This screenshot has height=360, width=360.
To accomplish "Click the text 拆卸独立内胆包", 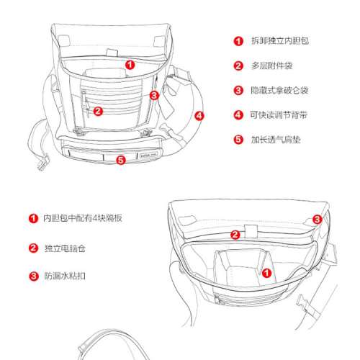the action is (x=280, y=41).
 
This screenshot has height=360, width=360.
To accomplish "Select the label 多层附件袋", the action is (x=272, y=66).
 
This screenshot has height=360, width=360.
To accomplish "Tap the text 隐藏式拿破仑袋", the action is (x=279, y=91).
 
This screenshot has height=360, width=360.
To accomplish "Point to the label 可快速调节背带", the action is (x=279, y=115).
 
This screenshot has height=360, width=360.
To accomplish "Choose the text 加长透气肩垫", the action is (x=276, y=140).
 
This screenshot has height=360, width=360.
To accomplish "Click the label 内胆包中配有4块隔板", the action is (x=83, y=218).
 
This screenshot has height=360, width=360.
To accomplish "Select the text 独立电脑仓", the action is (x=65, y=248).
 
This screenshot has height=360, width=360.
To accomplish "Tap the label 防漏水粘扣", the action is (x=65, y=276).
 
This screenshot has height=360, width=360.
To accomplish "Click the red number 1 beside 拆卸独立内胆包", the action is (x=238, y=41).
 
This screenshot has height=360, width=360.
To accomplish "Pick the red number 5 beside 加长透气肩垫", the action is (x=238, y=140).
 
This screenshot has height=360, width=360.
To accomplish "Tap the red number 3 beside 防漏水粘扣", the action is (x=34, y=276).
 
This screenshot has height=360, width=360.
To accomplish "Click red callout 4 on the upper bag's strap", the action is (x=199, y=116).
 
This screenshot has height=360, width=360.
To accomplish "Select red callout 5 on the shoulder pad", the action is (x=121, y=160).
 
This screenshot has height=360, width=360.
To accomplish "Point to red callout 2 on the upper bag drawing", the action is (x=98, y=111).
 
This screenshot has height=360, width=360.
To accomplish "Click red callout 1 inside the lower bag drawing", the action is (x=266, y=273).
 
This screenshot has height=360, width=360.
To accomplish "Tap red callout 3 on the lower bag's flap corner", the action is (x=317, y=220).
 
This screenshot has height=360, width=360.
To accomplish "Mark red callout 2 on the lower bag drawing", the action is (x=235, y=235).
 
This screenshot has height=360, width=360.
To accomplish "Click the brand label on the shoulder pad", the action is (x=148, y=155).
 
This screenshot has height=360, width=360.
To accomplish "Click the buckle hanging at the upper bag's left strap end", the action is (x=42, y=164).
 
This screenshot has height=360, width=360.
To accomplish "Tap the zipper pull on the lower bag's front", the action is (x=218, y=300).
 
